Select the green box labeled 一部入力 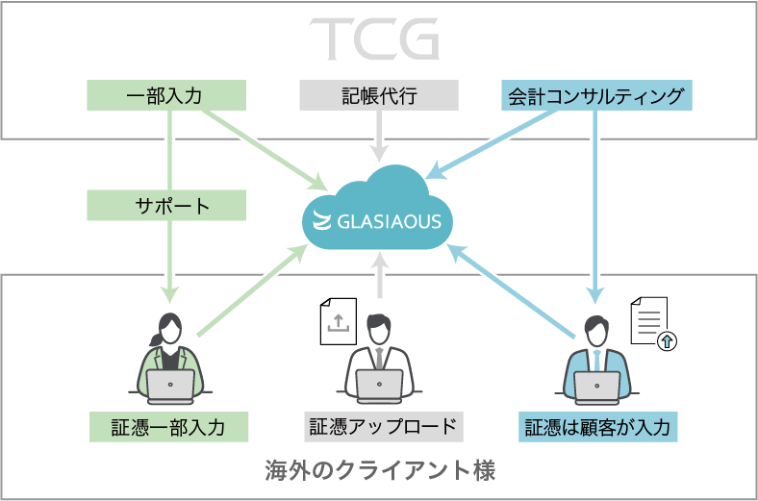166,95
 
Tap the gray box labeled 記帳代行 379,95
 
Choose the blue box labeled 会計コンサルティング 595,95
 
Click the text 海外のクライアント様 380,471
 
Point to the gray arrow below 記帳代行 380,135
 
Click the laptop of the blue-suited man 596,385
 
